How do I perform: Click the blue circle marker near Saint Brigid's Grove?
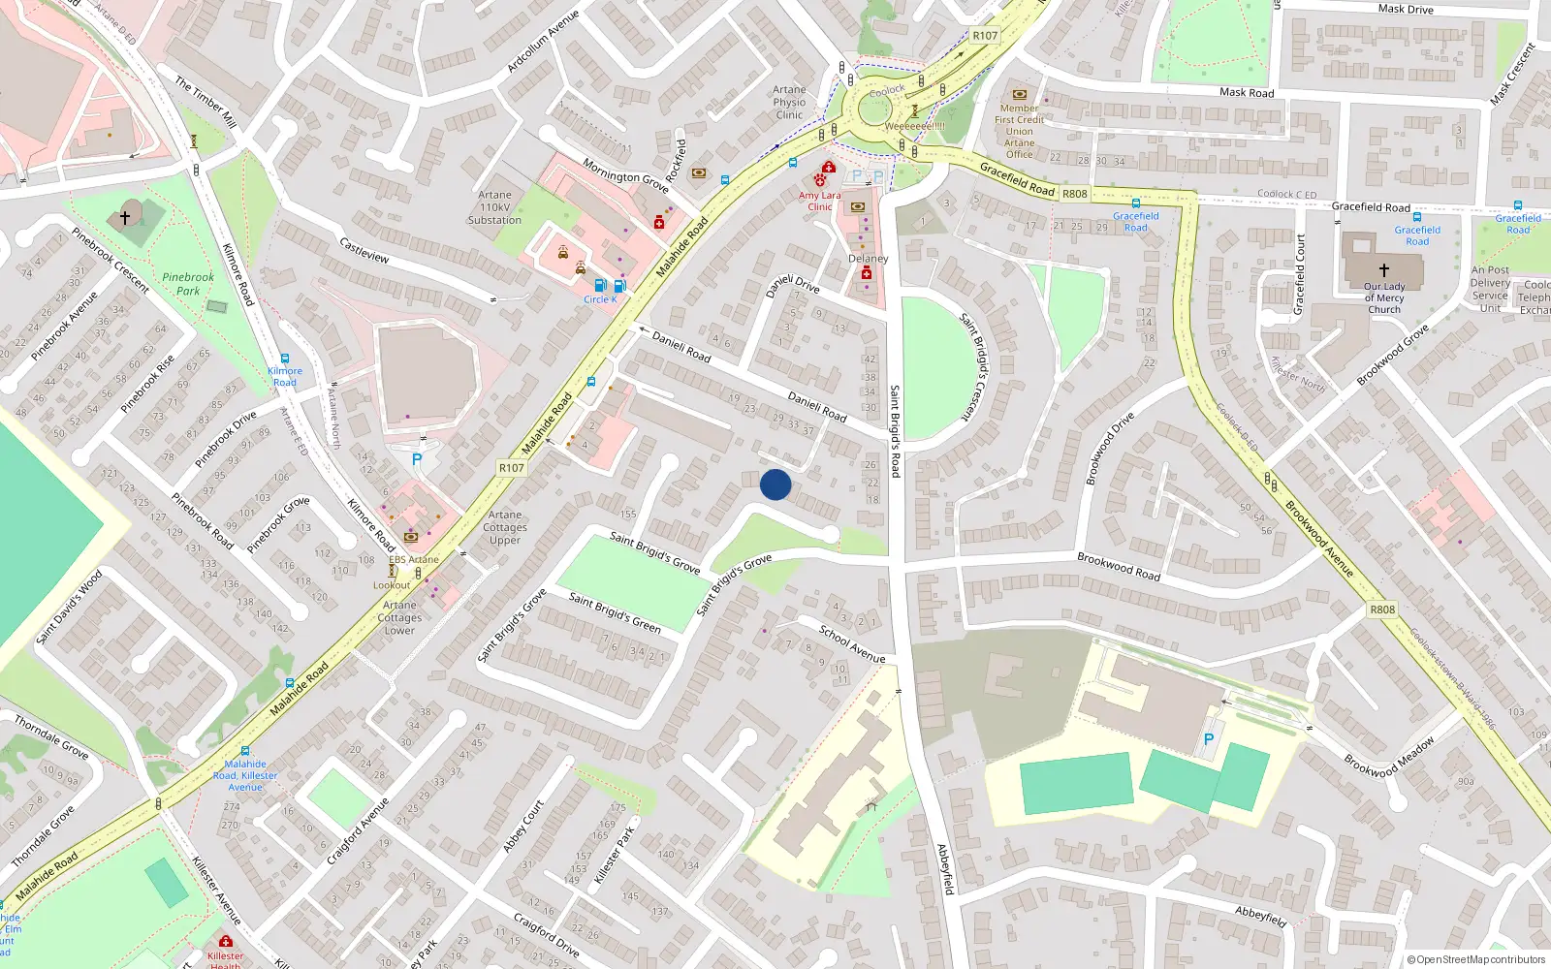point(775,484)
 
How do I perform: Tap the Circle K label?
point(600,299)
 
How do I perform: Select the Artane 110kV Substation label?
point(494,207)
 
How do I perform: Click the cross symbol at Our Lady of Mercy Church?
point(1383,269)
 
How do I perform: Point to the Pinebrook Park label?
point(188,284)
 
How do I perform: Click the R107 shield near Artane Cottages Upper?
point(512,468)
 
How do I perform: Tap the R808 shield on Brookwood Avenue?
point(1382,610)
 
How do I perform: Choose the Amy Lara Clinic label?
point(820,201)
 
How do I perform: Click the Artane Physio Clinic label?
point(789,102)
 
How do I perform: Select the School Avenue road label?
point(852,644)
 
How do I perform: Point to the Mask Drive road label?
point(1406,9)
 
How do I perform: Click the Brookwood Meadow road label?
point(1388,758)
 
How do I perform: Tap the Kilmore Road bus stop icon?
point(285,359)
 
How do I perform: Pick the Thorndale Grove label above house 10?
point(51,736)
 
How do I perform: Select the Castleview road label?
point(364,250)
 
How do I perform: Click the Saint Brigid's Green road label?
point(615,613)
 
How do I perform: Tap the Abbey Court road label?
point(523,827)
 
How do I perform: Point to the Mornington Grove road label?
point(625,175)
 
